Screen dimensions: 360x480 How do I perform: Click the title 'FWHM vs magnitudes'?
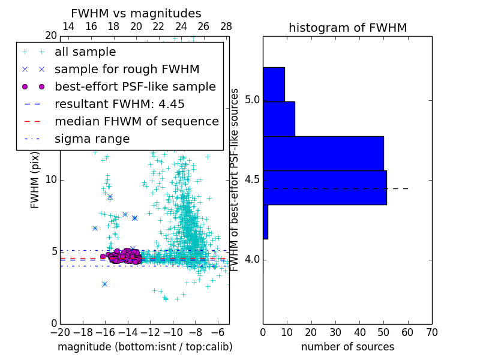pyautogui.click(x=136, y=13)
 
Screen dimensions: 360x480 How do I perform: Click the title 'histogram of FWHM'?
pyautogui.click(x=347, y=28)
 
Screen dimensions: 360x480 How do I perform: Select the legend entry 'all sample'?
pyautogui.click(x=85, y=52)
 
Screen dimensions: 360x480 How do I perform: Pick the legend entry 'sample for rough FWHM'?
pyautogui.click(x=127, y=69)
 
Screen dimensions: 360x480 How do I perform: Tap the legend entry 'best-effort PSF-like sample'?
pyautogui.click(x=135, y=86)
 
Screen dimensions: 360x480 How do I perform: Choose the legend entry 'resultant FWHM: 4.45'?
pyautogui.click(x=119, y=104)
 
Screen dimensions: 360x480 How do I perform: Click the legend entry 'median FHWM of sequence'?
pyautogui.click(x=136, y=121)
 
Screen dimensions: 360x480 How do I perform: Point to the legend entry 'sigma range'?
pyautogui.click(x=92, y=139)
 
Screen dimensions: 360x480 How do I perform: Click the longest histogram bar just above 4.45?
pyautogui.click(x=325, y=188)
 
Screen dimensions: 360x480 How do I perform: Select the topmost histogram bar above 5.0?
pyautogui.click(x=274, y=84)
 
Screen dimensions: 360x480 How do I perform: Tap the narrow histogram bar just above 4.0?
pyautogui.click(x=265, y=222)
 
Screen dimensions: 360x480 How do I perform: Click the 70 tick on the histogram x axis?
pyautogui.click(x=431, y=332)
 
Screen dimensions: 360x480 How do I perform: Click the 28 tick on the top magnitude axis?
pyautogui.click(x=226, y=26)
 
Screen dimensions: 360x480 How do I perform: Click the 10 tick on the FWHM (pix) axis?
pyautogui.click(x=51, y=180)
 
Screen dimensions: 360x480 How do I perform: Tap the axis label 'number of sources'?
pyautogui.click(x=347, y=347)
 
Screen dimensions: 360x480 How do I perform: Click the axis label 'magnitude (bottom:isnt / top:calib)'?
pyautogui.click(x=145, y=347)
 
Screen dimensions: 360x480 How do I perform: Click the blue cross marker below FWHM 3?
pyautogui.click(x=104, y=284)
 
